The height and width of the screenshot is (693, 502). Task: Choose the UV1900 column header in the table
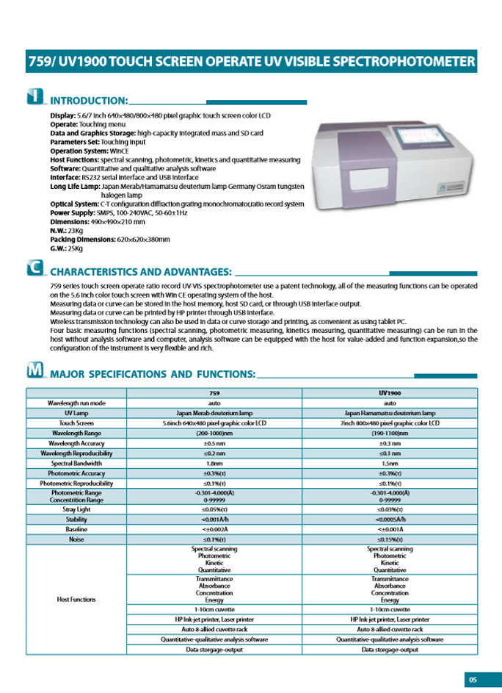click(x=390, y=394)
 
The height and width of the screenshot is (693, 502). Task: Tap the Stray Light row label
click(x=77, y=509)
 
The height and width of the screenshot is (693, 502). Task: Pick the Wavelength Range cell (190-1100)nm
click(x=390, y=434)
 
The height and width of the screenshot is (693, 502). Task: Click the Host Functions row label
click(x=77, y=599)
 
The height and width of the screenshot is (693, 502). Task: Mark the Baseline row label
click(x=77, y=529)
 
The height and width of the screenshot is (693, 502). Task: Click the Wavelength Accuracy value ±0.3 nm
click(x=390, y=444)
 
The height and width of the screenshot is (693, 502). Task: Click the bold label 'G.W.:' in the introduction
click(x=59, y=248)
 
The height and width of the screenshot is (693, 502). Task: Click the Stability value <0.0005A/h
click(x=390, y=519)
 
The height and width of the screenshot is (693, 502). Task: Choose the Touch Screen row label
click(x=77, y=424)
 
